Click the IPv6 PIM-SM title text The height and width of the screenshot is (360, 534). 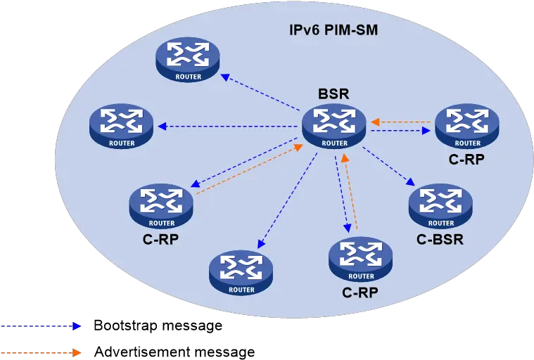tap(333, 30)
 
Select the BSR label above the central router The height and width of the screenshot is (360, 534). tap(333, 94)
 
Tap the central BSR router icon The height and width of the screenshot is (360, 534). tap(334, 127)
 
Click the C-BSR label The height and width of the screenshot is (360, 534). tap(440, 240)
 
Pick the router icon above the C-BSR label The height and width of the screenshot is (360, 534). tap(440, 207)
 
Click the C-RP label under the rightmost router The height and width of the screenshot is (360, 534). tap(466, 159)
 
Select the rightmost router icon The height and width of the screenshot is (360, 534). tap(467, 127)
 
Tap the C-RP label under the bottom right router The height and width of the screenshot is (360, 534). tap(360, 292)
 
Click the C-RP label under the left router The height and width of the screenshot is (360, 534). tap(160, 240)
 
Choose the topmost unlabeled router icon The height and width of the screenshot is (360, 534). tap(188, 60)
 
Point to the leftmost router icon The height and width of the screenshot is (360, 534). tap(122, 127)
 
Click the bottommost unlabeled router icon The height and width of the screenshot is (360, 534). tap(241, 273)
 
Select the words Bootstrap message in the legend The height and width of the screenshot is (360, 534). tap(158, 326)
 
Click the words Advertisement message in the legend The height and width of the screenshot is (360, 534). tap(174, 352)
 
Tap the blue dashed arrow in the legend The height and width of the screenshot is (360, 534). tap(41, 326)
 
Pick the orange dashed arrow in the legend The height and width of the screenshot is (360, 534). tap(41, 352)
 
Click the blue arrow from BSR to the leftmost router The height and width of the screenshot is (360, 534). tap(227, 127)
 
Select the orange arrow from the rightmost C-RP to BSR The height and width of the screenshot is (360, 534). tap(401, 122)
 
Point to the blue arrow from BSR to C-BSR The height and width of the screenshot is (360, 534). tap(388, 167)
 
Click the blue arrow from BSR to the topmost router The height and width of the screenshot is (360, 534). tap(260, 92)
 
